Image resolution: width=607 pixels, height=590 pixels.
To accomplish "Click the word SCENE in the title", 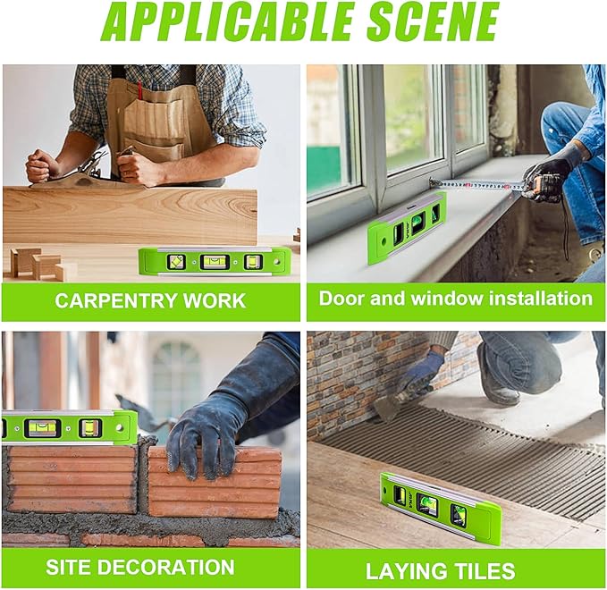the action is point(433,21).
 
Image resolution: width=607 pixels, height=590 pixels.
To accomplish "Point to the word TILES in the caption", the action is point(485,571).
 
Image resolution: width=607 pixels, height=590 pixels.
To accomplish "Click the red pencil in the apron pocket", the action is point(140,89).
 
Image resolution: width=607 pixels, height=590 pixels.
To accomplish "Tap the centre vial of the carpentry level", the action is point(215,262).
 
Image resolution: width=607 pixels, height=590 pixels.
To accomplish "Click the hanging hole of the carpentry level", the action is point(277,262).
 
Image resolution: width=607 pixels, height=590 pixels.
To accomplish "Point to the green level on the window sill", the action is point(407,227).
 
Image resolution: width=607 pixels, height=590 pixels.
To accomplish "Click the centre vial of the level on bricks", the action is point(42,427).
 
